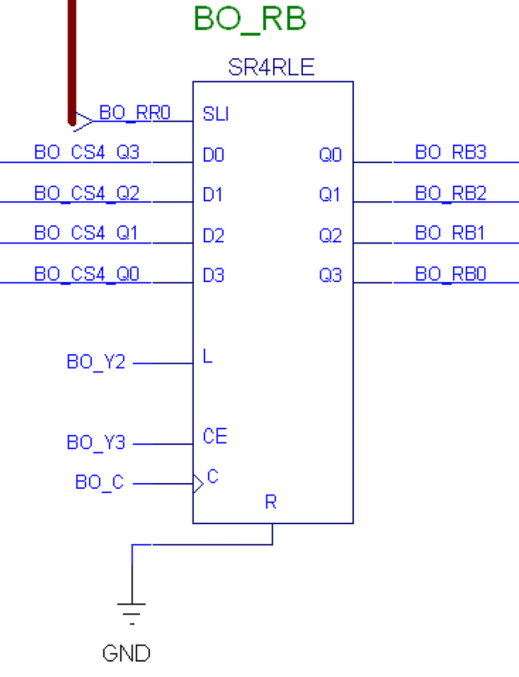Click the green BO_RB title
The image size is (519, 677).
point(249,19)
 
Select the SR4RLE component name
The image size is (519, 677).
point(271,68)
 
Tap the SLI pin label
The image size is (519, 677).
point(215,113)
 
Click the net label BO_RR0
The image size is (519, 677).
point(135,113)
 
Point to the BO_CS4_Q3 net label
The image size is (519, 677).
point(86,153)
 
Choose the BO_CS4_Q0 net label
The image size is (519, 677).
point(86,274)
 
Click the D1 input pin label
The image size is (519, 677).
point(213,194)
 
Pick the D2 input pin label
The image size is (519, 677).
point(213,235)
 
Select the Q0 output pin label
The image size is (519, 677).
point(330,154)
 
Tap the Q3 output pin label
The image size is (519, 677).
point(330,275)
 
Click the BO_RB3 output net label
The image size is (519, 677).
point(450,153)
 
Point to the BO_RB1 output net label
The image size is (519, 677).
point(450,234)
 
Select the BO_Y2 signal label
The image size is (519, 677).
point(96,362)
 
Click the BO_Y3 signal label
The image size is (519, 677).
point(96,443)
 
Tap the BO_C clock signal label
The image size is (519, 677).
point(99,483)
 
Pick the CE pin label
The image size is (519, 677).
point(215,436)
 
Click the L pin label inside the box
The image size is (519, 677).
point(207,356)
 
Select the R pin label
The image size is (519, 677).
point(270,502)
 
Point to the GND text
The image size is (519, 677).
point(127,653)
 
